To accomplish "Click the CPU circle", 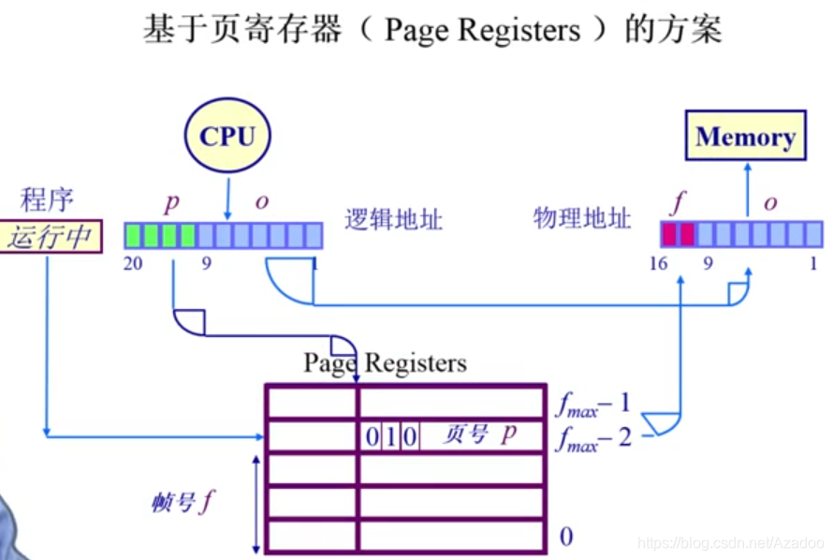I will point(227,137).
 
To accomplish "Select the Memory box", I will point(745,138).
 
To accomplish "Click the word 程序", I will point(47,199).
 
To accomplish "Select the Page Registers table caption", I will point(385,362).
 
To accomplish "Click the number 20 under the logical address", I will point(133,263).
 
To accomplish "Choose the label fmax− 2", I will point(593,437).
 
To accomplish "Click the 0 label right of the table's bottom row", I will point(565,537).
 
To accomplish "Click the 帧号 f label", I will point(183,503).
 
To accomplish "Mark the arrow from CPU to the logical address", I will point(227,199).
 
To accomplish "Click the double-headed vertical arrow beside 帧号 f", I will point(256,503).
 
